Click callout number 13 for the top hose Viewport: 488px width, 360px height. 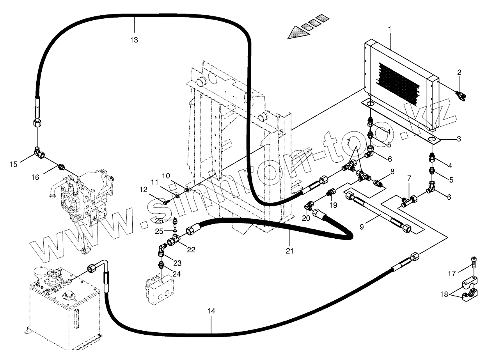click(134, 40)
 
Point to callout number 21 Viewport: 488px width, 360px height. click(289, 251)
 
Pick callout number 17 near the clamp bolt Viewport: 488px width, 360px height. click(451, 274)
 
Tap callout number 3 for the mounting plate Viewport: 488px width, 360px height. click(459, 138)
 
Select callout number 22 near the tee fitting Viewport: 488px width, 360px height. click(191, 250)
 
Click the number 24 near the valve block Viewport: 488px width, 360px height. click(177, 274)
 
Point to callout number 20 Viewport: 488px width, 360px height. click(306, 218)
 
